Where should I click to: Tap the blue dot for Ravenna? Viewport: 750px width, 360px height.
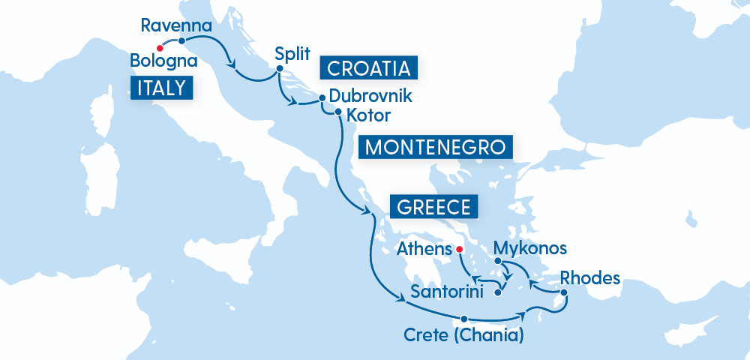(x=182, y=40)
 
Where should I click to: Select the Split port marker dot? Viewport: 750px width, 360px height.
(x=279, y=70)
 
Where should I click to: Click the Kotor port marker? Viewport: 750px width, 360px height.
(x=338, y=112)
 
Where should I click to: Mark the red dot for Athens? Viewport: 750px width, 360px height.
(x=460, y=249)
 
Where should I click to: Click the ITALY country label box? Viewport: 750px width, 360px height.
(x=161, y=88)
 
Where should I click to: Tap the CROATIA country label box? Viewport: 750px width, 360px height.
(x=368, y=68)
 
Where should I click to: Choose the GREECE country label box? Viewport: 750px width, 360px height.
(x=433, y=205)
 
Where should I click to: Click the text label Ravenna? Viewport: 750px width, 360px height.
(x=176, y=25)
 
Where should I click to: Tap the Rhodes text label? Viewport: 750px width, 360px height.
(x=590, y=279)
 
